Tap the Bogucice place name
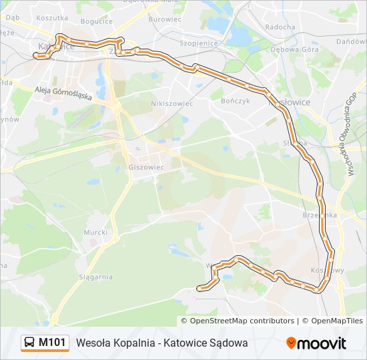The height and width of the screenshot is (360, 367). pyautogui.click(x=96, y=21)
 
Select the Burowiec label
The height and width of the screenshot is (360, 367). pyautogui.click(x=164, y=20)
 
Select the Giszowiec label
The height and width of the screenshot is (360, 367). pyautogui.click(x=145, y=167)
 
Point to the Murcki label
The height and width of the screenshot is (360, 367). pyautogui.click(x=95, y=232)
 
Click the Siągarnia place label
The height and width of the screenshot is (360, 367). pyautogui.click(x=95, y=277)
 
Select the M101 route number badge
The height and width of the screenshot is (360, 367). pyautogui.click(x=52, y=343)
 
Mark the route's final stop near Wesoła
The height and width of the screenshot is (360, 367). pyautogui.click(x=200, y=288)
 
